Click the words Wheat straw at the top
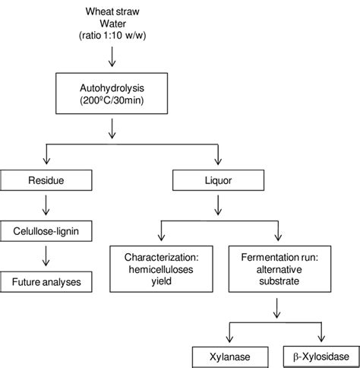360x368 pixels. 113,11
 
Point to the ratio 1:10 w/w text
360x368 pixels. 113,36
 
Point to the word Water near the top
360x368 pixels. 113,23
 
